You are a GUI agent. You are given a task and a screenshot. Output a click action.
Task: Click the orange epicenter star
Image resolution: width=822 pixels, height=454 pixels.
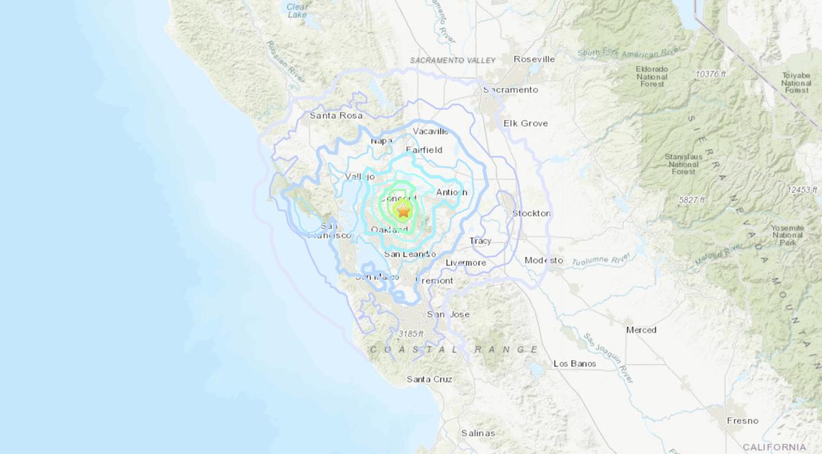pyautogui.click(x=403, y=211)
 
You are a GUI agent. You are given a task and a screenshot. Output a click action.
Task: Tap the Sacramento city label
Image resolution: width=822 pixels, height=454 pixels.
pyautogui.click(x=510, y=90)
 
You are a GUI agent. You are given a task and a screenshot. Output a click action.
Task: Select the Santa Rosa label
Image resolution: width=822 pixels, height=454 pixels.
pyautogui.click(x=336, y=116)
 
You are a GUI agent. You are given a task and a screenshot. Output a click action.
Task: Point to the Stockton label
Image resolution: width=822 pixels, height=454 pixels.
pyautogui.click(x=532, y=213)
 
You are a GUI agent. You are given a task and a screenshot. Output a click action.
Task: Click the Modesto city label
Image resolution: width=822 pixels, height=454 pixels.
pyautogui.click(x=544, y=260)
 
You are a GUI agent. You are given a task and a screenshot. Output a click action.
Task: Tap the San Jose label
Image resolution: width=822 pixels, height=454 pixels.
pyautogui.click(x=448, y=314)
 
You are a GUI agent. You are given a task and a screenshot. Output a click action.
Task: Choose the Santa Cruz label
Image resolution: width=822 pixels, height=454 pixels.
pyautogui.click(x=429, y=379)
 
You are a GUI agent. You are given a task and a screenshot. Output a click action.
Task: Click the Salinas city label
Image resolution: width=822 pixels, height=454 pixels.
pyautogui.click(x=478, y=433)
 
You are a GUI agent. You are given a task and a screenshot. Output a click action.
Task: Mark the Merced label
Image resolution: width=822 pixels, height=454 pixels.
pyautogui.click(x=641, y=330)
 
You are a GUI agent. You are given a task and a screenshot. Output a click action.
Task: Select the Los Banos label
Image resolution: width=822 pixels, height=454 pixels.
pyautogui.click(x=575, y=363)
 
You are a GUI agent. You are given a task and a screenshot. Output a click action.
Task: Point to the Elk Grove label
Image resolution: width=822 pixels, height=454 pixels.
pyautogui.click(x=525, y=123)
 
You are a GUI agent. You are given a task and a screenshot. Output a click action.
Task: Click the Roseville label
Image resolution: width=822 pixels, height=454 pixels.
pyautogui.click(x=534, y=59)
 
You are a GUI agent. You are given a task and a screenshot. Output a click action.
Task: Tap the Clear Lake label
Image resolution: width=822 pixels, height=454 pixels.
pyautogui.click(x=297, y=10)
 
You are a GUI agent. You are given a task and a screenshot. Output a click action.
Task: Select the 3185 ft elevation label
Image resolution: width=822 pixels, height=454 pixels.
pyautogui.click(x=410, y=333)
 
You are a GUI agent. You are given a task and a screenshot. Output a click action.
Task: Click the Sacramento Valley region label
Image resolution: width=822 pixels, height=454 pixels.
pyautogui.click(x=453, y=60)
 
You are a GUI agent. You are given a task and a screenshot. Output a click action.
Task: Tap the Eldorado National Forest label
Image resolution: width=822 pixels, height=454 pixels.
pyautogui.click(x=651, y=77)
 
